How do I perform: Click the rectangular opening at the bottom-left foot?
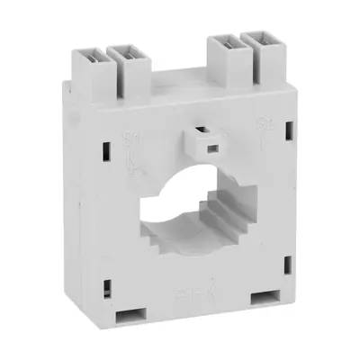click(x=131, y=314)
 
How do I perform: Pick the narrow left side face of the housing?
click(x=81, y=207)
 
